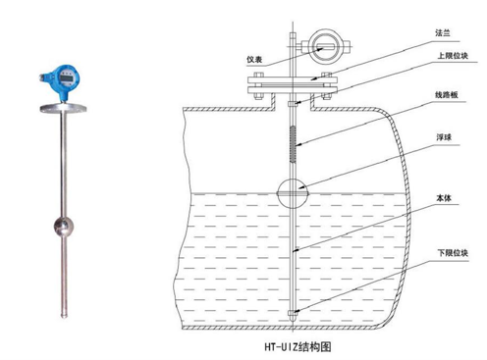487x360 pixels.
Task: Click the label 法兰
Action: tap(443, 32)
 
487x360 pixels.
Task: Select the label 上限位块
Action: tap(453, 56)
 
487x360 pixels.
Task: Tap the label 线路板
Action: tap(447, 95)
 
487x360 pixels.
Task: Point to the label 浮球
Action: tap(444, 137)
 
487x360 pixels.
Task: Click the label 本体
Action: tap(444, 198)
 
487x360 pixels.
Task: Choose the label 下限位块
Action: tap(453, 253)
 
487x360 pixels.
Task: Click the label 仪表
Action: tap(254, 60)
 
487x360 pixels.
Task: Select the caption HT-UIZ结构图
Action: tap(298, 346)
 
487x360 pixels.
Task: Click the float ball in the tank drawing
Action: tap(293, 193)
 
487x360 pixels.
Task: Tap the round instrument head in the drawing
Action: tap(325, 46)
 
